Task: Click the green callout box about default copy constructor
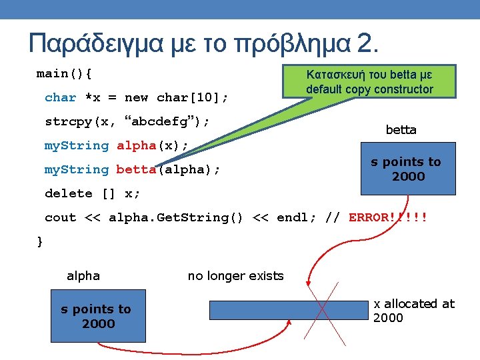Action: pos(369,81)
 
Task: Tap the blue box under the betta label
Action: pos(407,169)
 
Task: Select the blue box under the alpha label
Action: pos(97,316)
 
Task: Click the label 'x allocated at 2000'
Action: pos(413,311)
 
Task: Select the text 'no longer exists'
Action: pos(235,276)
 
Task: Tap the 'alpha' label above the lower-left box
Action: pos(83,276)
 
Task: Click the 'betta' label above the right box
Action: pos(401,130)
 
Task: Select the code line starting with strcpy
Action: pos(127,121)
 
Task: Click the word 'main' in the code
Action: pos(52,73)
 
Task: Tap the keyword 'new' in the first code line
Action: pos(136,97)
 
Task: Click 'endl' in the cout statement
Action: pos(292,217)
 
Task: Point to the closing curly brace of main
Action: pos(39,241)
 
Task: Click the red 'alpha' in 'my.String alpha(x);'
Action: pos(136,145)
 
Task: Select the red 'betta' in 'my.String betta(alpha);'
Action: pos(136,169)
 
